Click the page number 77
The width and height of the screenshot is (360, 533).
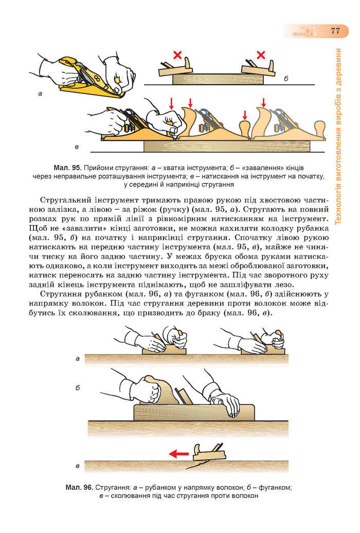tap(335, 30)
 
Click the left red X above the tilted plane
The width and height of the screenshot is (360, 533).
tap(178, 55)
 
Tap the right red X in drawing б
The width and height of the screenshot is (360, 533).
tap(261, 54)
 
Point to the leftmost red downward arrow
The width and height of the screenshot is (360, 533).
tap(171, 103)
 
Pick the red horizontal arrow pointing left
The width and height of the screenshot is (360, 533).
tap(179, 453)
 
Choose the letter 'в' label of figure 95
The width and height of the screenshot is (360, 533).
tap(77, 148)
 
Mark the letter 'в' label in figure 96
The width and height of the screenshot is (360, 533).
tap(77, 466)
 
